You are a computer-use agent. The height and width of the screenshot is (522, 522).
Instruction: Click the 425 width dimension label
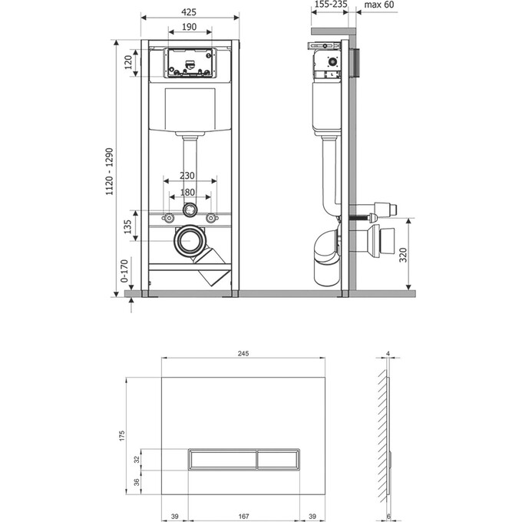click(190, 12)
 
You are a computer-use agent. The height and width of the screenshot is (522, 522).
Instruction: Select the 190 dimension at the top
click(190, 28)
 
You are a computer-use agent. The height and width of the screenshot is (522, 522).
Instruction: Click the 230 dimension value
click(189, 176)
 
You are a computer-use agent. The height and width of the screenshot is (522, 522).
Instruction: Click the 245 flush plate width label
click(243, 353)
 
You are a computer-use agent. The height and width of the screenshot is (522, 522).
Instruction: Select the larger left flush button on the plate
click(222, 460)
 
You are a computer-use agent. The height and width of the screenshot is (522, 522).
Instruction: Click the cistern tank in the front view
click(189, 109)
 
